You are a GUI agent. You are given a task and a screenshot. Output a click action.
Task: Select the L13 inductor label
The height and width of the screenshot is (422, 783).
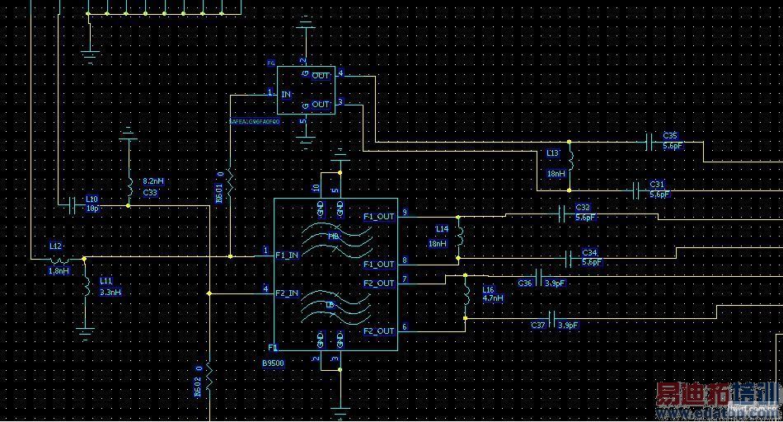pyautogui.click(x=552, y=152)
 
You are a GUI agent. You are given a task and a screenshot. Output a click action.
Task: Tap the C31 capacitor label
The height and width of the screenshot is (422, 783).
pyautogui.click(x=657, y=184)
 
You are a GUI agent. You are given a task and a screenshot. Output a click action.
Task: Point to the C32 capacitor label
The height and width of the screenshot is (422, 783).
pyautogui.click(x=583, y=208)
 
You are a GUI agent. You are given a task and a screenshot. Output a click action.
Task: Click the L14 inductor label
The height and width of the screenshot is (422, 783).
pyautogui.click(x=443, y=228)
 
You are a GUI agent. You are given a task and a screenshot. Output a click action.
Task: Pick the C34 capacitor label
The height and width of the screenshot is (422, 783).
pyautogui.click(x=589, y=252)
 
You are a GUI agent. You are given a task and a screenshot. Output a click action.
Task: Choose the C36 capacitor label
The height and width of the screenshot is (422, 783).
pyautogui.click(x=525, y=283)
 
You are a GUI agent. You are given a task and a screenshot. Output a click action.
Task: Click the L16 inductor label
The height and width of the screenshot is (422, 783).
pyautogui.click(x=489, y=289)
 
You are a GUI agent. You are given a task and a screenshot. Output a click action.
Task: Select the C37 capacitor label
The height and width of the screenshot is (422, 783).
pyautogui.click(x=538, y=325)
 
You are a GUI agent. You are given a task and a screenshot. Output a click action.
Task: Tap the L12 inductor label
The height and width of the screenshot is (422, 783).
pyautogui.click(x=56, y=246)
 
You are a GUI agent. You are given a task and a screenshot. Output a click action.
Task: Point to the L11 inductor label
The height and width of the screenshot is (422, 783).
pyautogui.click(x=107, y=281)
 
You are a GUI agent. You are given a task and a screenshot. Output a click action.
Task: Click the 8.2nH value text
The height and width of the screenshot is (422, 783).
pyautogui.click(x=154, y=181)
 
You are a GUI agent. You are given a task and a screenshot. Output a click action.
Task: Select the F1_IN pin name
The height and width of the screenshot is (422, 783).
pyautogui.click(x=287, y=255)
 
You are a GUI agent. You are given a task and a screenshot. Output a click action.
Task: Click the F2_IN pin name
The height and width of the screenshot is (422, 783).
pyautogui.click(x=287, y=293)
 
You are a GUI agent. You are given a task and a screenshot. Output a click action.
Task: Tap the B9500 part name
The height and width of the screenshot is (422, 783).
pyautogui.click(x=274, y=363)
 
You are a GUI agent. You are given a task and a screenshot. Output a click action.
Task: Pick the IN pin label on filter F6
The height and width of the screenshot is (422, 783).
pyautogui.click(x=286, y=95)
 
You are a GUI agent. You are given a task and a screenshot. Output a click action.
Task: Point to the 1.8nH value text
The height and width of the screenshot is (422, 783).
pyautogui.click(x=59, y=270)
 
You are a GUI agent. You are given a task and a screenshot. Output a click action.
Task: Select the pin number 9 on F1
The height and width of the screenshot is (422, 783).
pyautogui.click(x=404, y=213)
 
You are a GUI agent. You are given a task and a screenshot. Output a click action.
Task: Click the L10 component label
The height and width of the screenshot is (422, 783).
pyautogui.click(x=92, y=199)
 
